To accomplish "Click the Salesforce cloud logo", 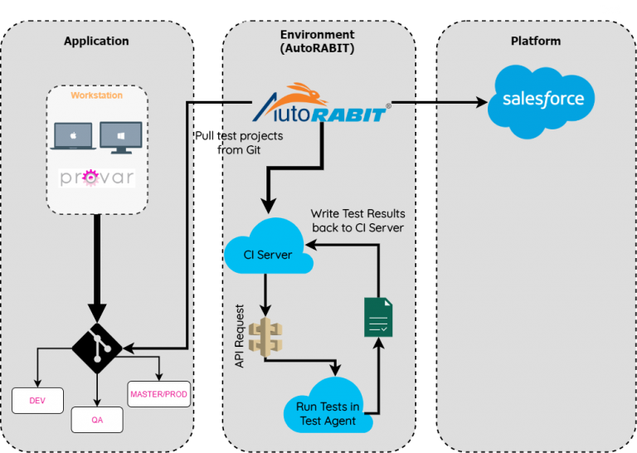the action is pyautogui.click(x=541, y=101).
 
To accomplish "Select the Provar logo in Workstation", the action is pyautogui.click(x=97, y=178).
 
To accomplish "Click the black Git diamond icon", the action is pyautogui.click(x=97, y=348).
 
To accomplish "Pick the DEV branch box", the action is pyautogui.click(x=37, y=401).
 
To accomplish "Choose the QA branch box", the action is pyautogui.click(x=97, y=420).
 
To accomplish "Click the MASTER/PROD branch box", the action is pyautogui.click(x=159, y=394).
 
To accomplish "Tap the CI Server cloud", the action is pyautogui.click(x=268, y=246).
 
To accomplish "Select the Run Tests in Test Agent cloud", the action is pyautogui.click(x=328, y=406).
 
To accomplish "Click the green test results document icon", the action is pyautogui.click(x=378, y=317).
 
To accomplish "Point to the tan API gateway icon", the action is pyautogui.click(x=265, y=338).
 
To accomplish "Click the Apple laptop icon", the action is pyautogui.click(x=73, y=136).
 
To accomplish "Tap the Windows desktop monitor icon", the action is pyautogui.click(x=121, y=138).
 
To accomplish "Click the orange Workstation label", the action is pyautogui.click(x=97, y=95).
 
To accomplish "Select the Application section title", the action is pyautogui.click(x=96, y=41).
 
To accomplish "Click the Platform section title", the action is pyautogui.click(x=536, y=41).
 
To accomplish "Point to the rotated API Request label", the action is pyautogui.click(x=239, y=336).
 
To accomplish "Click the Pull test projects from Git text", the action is pyautogui.click(x=239, y=143).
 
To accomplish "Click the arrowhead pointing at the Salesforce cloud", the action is pyautogui.click(x=482, y=102).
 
